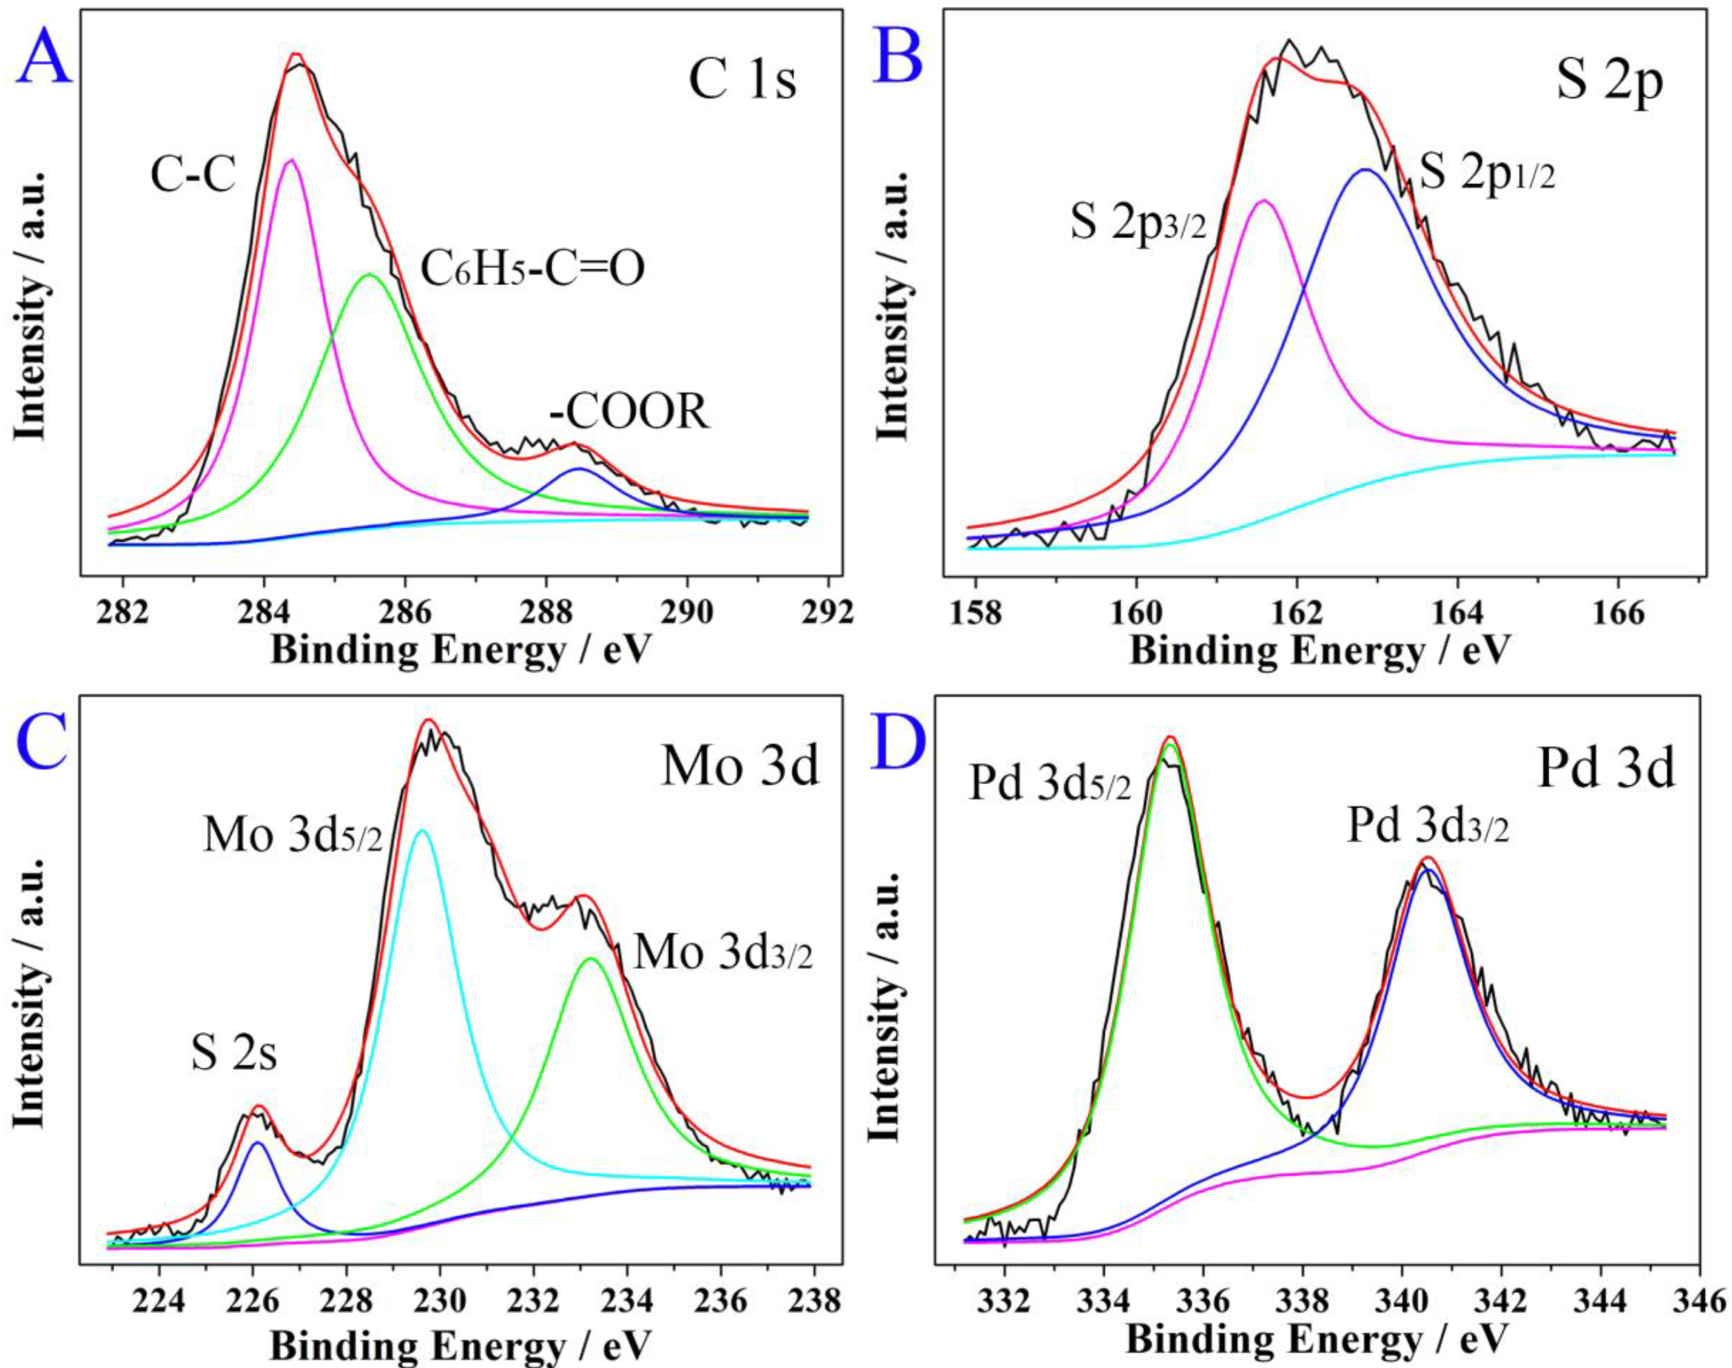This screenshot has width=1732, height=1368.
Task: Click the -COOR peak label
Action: (629, 414)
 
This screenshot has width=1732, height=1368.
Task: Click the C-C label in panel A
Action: (194, 175)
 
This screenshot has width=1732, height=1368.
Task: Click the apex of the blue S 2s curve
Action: (257, 1143)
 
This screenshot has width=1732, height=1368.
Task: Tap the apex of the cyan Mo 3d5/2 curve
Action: (423, 831)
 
